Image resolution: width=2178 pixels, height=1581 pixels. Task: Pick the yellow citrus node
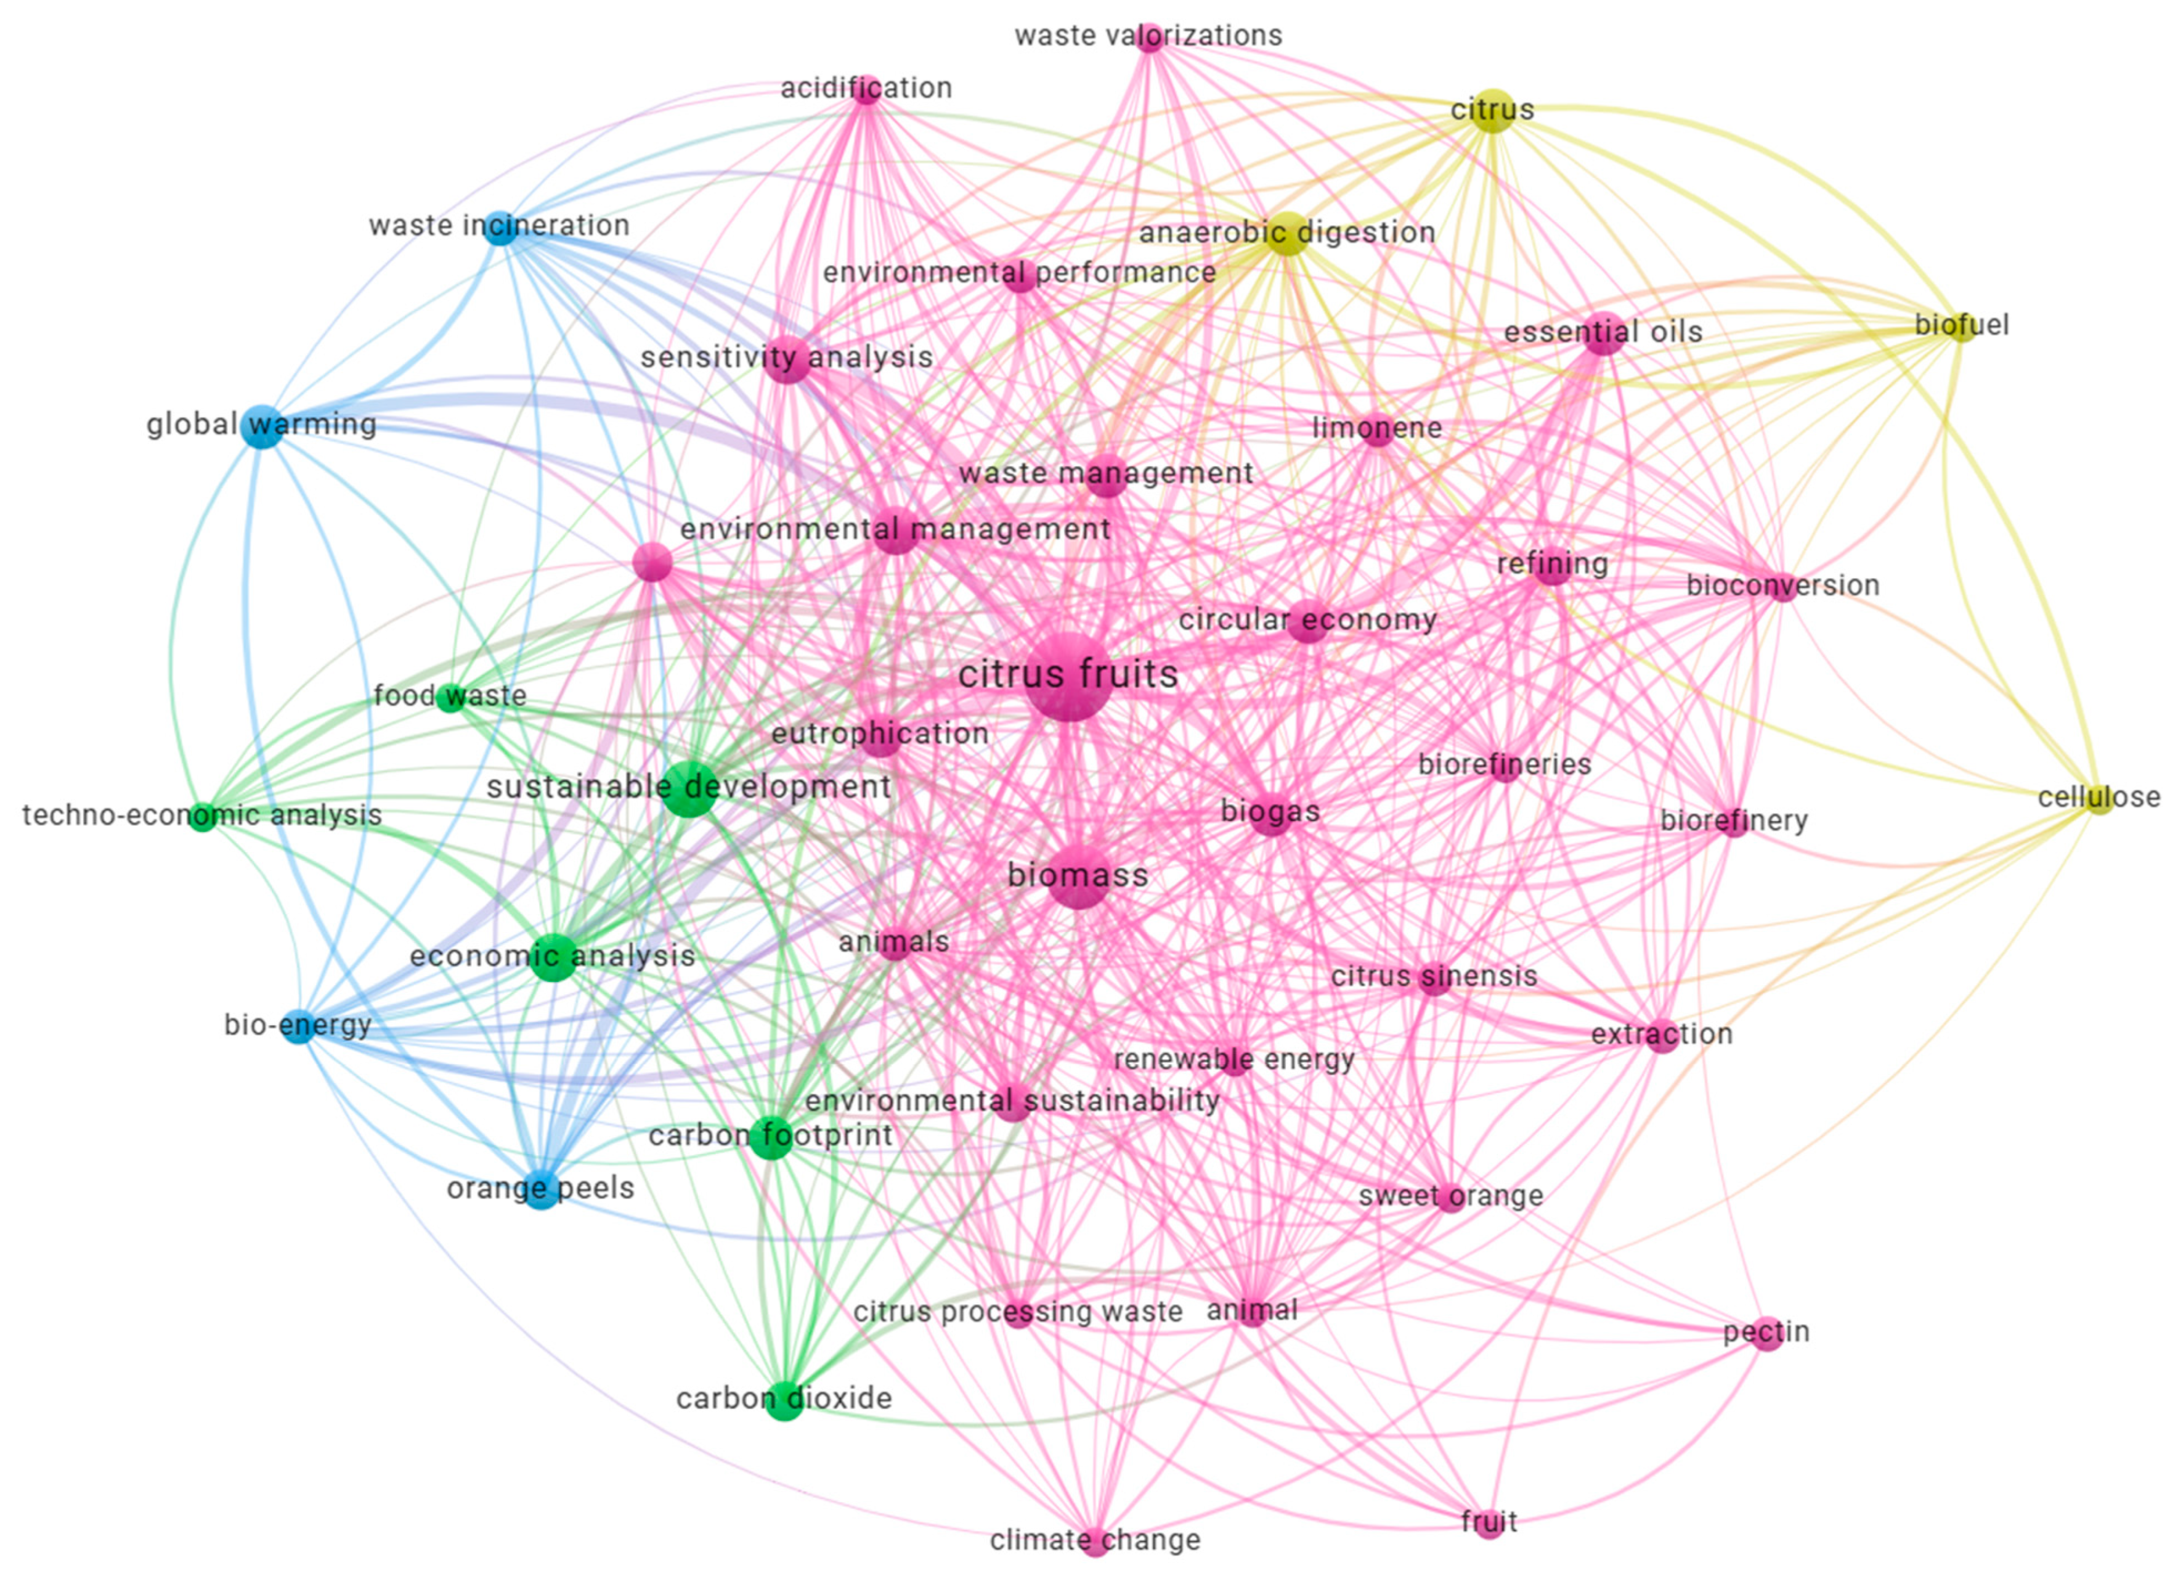pyautogui.click(x=1492, y=112)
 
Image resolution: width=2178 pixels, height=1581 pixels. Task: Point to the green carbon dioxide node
pyautogui.click(x=784, y=1399)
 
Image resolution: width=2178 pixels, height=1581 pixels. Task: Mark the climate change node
pyautogui.click(x=1095, y=1541)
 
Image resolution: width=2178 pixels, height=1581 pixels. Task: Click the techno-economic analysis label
pyautogui.click(x=201, y=815)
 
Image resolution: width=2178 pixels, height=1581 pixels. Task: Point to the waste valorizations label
pyautogui.click(x=1148, y=36)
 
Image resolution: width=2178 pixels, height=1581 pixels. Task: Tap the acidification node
pyautogui.click(x=866, y=89)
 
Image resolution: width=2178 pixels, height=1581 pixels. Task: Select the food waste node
pyautogui.click(x=449, y=697)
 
